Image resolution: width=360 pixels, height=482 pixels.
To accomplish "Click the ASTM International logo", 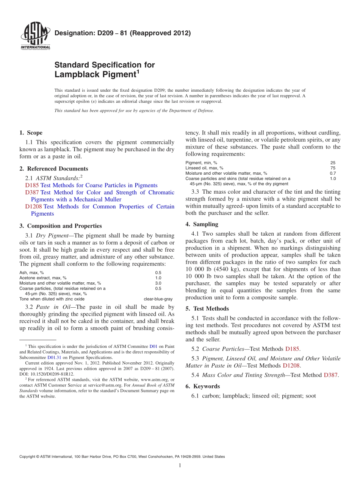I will click(35, 36).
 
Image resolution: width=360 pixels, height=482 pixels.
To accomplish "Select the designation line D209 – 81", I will click(122, 33).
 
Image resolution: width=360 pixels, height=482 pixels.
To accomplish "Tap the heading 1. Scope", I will click(31, 133).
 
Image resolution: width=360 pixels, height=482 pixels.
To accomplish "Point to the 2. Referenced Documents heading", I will click(53, 169).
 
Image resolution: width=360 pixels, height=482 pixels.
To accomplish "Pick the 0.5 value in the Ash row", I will click(158, 272).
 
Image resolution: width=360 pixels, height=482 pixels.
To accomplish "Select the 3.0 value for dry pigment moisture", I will click(158, 283).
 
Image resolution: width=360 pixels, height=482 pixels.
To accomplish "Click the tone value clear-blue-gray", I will click(158, 299).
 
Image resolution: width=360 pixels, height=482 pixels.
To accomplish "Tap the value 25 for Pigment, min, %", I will click(333, 163).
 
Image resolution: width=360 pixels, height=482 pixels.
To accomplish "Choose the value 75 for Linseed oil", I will click(333, 168).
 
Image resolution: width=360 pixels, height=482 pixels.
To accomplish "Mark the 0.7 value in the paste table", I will click(333, 173).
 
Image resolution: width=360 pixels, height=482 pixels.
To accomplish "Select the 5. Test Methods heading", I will click(207, 308).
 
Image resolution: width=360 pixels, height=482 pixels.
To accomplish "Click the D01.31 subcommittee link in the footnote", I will click(54, 357).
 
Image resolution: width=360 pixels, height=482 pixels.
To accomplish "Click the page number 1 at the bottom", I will click(180, 465).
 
